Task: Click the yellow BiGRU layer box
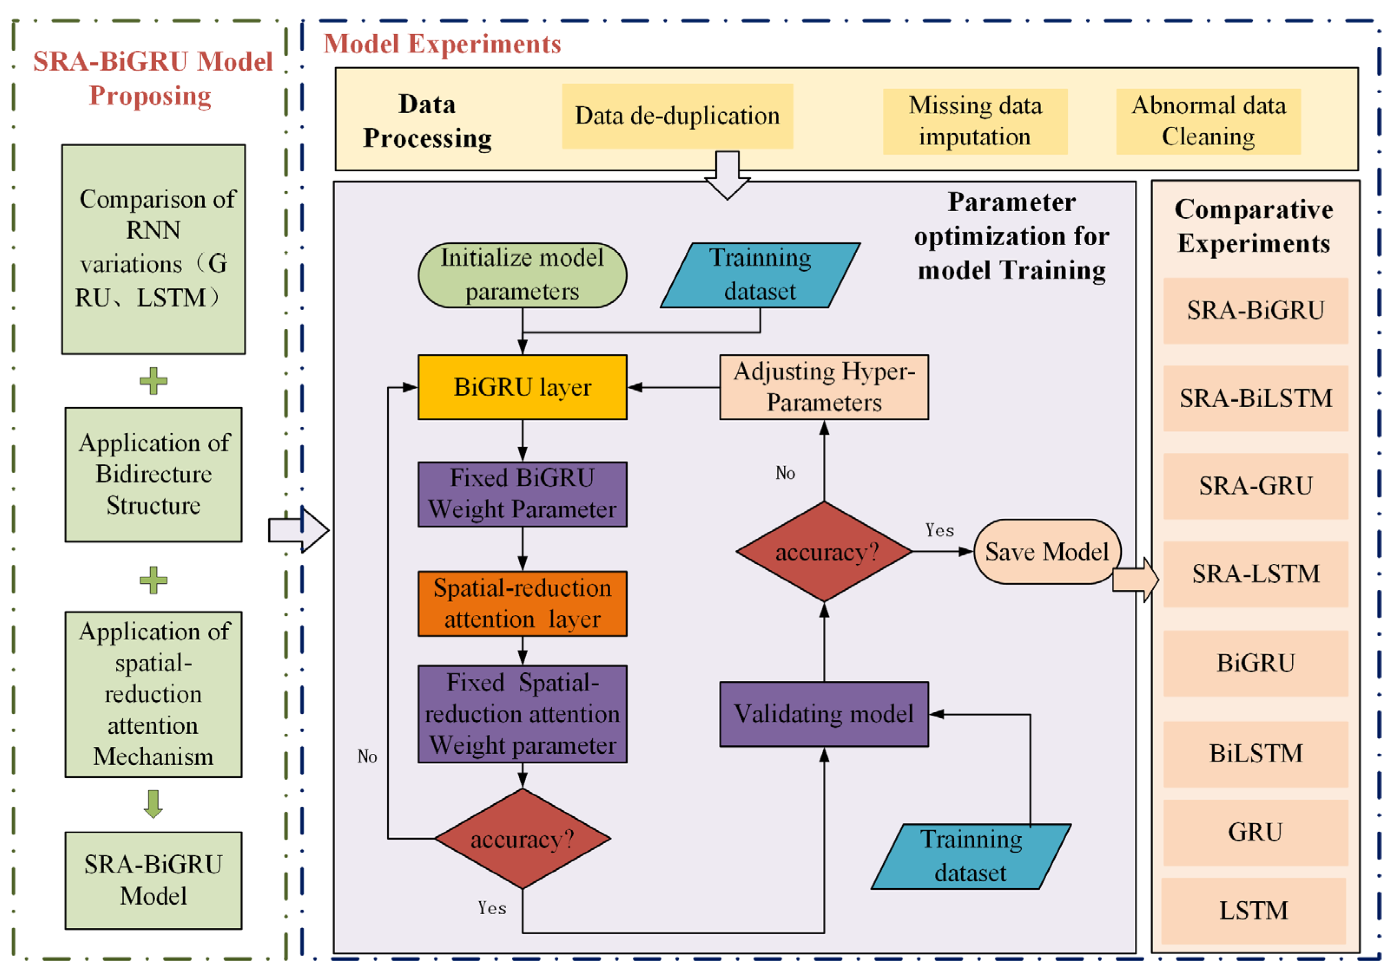522,387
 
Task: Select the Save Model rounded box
1046,552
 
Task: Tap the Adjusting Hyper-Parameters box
823,387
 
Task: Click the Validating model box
823,714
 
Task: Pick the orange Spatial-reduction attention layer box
522,603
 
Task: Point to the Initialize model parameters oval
522,275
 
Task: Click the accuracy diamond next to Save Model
823,552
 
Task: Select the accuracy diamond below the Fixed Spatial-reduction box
522,838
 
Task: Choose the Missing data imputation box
975,121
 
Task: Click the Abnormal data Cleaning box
1208,121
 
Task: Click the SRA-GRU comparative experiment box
1255,486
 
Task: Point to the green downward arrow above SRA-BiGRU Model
153,803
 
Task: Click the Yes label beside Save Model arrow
939,530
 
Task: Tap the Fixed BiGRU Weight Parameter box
522,494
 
